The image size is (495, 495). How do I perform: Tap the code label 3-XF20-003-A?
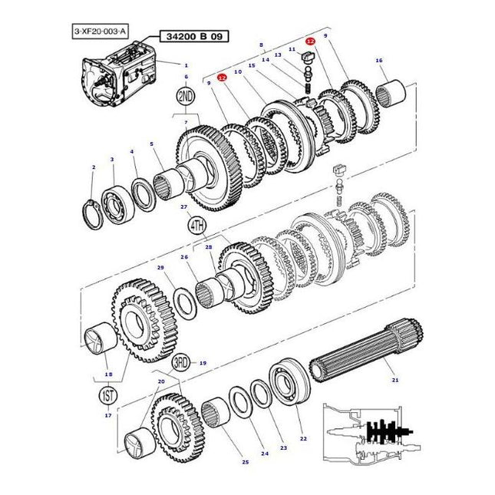coord(101,30)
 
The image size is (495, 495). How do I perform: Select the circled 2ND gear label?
coord(186,96)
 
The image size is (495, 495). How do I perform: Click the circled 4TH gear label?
coord(196,225)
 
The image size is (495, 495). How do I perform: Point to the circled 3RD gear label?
coord(180,362)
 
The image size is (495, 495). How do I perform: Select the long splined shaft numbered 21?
coord(361,360)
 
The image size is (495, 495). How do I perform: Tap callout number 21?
coord(394,379)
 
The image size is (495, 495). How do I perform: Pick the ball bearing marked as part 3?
coord(116,196)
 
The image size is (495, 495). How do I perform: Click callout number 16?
coord(378,60)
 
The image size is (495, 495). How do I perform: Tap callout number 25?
coord(245,461)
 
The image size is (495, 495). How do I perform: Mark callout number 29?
coord(160,267)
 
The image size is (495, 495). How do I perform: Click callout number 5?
coord(151,144)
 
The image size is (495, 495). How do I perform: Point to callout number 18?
coord(108,375)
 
